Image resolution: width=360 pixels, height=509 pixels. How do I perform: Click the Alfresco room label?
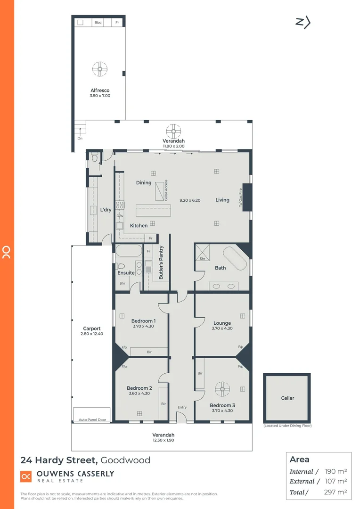(100, 90)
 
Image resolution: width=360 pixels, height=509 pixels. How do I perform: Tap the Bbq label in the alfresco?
(98, 23)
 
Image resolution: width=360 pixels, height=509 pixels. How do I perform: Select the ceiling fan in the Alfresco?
(100, 69)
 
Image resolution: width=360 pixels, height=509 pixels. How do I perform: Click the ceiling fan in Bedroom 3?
(222, 389)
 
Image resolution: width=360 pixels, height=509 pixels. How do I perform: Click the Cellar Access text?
(166, 191)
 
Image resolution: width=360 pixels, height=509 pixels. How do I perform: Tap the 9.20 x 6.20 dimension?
(189, 200)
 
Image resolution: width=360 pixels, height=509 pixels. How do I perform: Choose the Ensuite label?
(126, 273)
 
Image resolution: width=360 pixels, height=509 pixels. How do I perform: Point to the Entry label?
(182, 407)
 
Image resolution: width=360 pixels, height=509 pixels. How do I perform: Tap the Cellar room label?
(287, 398)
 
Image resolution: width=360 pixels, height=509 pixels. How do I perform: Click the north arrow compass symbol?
(303, 22)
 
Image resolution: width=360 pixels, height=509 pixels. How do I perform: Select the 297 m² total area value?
(336, 492)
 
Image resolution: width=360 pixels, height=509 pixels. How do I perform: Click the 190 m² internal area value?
(336, 471)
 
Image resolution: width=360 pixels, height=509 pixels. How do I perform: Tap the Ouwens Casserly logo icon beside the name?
(25, 476)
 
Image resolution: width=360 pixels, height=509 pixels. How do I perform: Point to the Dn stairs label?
(80, 139)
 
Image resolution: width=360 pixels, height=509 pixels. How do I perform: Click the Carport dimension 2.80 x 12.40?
(91, 334)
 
